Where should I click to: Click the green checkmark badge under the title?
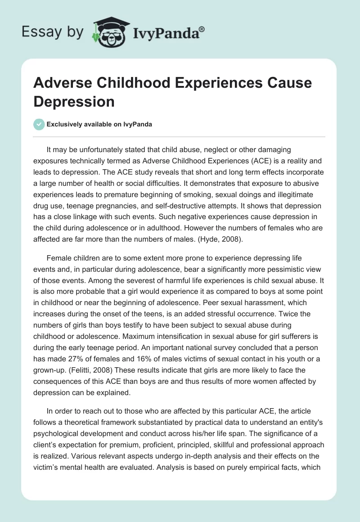pos(39,124)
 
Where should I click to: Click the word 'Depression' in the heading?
pos(74,101)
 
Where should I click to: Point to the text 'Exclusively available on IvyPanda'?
pos(99,124)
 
